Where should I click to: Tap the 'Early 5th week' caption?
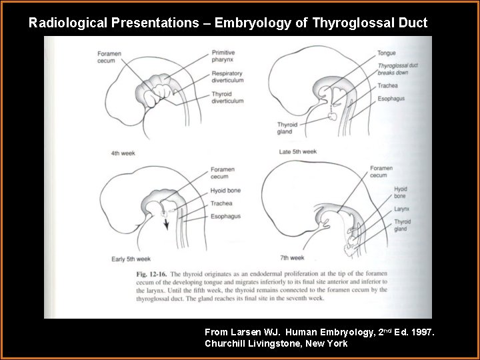click(130, 258)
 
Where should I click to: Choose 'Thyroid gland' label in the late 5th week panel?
click(289, 128)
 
